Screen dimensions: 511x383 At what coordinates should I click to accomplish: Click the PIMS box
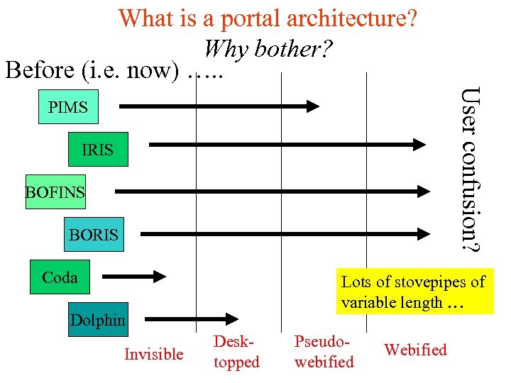pos(68,108)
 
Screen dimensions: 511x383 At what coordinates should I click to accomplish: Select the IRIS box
pos(99,149)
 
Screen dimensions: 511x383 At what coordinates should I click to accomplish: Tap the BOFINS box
pos(55,191)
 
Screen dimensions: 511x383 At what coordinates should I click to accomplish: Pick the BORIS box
pos(94,234)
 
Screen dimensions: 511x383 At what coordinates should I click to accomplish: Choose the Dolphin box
pos(98,320)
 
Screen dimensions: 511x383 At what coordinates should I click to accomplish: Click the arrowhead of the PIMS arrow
pos(313,107)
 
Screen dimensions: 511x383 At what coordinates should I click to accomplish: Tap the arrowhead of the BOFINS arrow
pos(422,191)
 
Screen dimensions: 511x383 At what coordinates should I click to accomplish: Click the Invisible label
pos(153,354)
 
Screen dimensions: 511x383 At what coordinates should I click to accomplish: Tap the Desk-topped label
pos(236,352)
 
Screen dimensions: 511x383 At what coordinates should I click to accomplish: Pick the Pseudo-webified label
pos(324,352)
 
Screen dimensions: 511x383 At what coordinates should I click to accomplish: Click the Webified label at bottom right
pos(415,350)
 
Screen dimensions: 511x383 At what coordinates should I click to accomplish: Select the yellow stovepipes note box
pos(414,292)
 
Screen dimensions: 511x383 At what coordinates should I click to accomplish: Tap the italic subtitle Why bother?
pos(268,48)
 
